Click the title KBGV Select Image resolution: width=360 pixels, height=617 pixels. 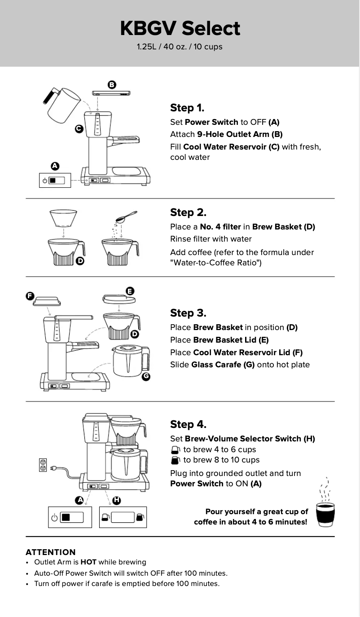tap(180, 28)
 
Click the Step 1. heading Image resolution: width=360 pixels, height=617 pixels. tap(187, 108)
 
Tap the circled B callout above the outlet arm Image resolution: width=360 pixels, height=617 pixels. tap(112, 84)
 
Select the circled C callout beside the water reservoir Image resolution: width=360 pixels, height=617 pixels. tap(79, 129)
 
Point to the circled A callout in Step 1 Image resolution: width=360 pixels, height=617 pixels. tap(55, 166)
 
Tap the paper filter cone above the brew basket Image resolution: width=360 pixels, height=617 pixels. tap(63, 218)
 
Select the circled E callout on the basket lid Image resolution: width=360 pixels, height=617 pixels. tap(130, 291)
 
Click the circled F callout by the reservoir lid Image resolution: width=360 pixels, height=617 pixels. tap(30, 295)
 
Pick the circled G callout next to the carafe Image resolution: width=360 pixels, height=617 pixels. tap(145, 377)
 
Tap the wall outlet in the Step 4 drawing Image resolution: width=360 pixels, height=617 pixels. tap(44, 465)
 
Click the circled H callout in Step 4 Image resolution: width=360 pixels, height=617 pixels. tap(116, 500)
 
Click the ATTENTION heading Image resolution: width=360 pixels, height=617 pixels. tap(51, 552)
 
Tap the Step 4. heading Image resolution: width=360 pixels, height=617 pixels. tap(188, 424)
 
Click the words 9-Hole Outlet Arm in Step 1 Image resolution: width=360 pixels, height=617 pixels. tap(240, 134)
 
